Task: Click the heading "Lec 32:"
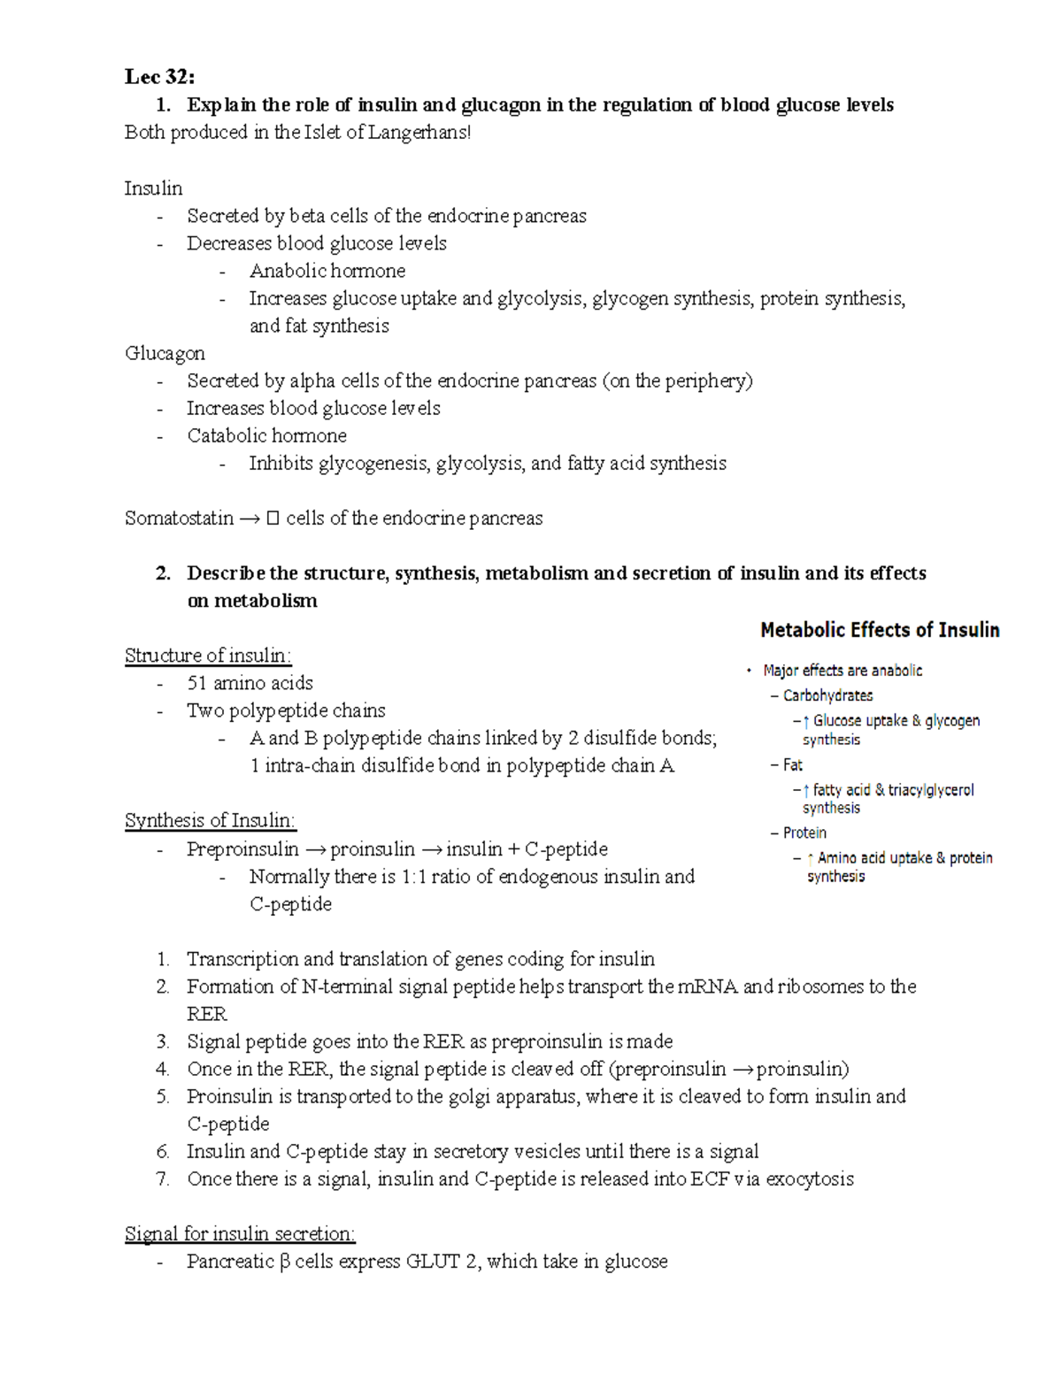[x=160, y=77]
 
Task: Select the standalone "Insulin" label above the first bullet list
[x=153, y=188]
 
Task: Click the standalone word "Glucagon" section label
[x=165, y=353]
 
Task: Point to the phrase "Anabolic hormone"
[x=327, y=271]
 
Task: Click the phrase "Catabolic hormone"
[x=266, y=435]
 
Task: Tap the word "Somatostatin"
[x=179, y=518]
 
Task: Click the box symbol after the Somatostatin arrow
[x=273, y=518]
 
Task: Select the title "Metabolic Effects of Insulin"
[x=880, y=630]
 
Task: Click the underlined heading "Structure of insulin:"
[x=208, y=656]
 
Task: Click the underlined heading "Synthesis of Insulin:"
[x=211, y=820]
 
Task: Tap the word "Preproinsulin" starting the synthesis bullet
[x=242, y=849]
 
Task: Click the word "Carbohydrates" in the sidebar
[x=827, y=695]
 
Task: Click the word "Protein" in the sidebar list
[x=804, y=833]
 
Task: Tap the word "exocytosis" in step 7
[x=809, y=1178]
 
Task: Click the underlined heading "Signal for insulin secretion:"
[x=240, y=1233]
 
